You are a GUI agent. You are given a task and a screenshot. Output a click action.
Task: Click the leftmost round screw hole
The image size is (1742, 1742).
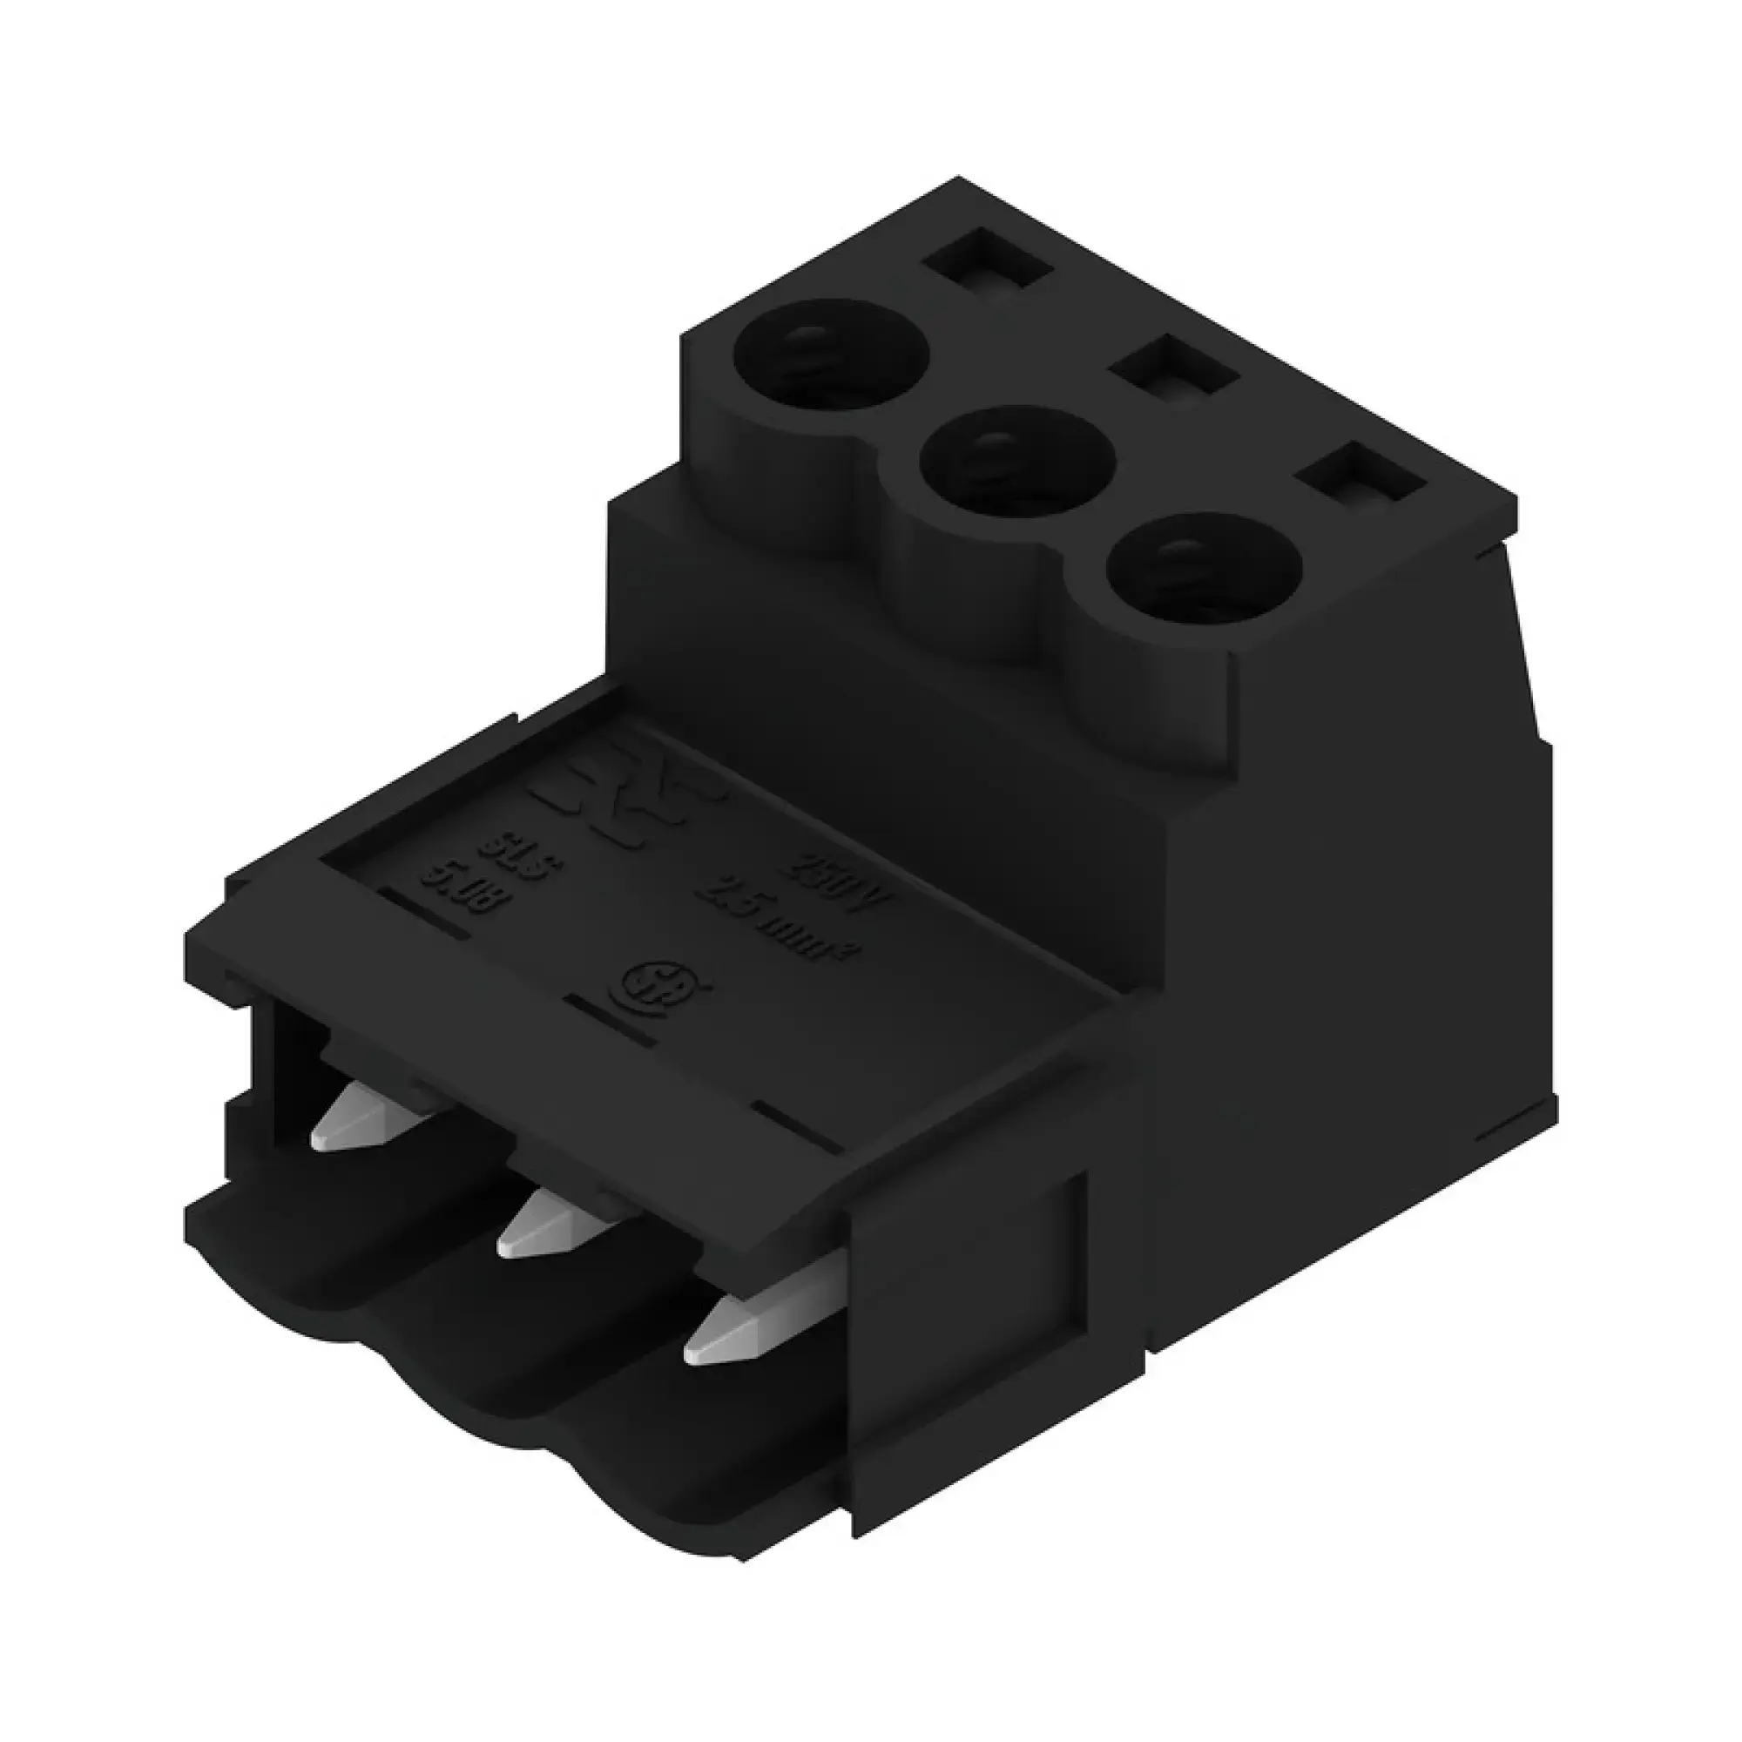[830, 352]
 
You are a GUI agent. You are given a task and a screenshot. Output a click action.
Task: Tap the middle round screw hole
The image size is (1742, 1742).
[1017, 460]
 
